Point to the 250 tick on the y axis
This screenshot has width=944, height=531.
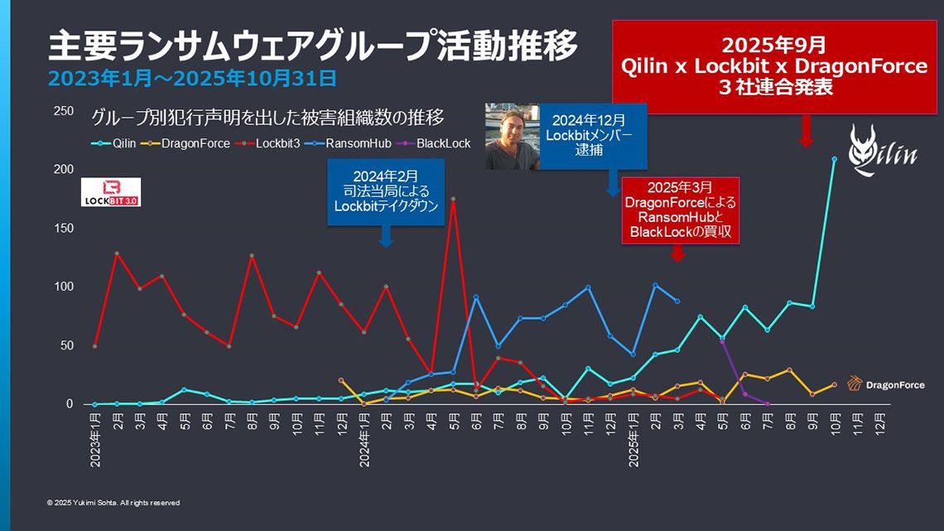click(64, 111)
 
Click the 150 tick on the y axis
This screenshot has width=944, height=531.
click(64, 229)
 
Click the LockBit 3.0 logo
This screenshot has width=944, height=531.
click(111, 191)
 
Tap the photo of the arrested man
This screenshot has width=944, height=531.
click(512, 137)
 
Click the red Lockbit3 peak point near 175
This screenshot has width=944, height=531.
click(453, 199)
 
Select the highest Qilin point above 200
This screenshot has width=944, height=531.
click(834, 159)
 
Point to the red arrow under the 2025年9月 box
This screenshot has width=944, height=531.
click(804, 131)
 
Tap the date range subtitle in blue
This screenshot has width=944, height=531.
click(192, 79)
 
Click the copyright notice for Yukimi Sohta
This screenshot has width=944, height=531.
click(113, 503)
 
